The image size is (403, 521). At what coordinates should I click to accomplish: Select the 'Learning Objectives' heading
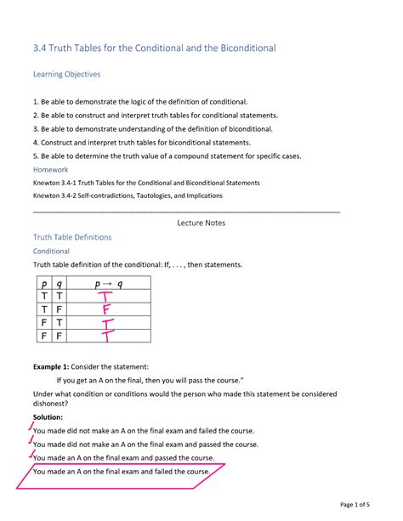(66, 75)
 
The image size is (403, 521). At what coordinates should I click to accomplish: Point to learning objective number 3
(152, 128)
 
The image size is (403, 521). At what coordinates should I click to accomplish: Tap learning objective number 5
(166, 156)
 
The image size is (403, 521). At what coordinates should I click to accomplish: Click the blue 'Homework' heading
(50, 169)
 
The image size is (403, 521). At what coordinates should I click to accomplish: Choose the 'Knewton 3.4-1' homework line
(145, 182)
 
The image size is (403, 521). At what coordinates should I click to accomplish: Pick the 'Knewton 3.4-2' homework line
(127, 195)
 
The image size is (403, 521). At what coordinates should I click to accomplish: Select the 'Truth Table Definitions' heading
(71, 237)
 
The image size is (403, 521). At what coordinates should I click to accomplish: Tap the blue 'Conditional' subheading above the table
(50, 252)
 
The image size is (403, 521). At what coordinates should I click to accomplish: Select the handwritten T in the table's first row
(105, 297)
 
